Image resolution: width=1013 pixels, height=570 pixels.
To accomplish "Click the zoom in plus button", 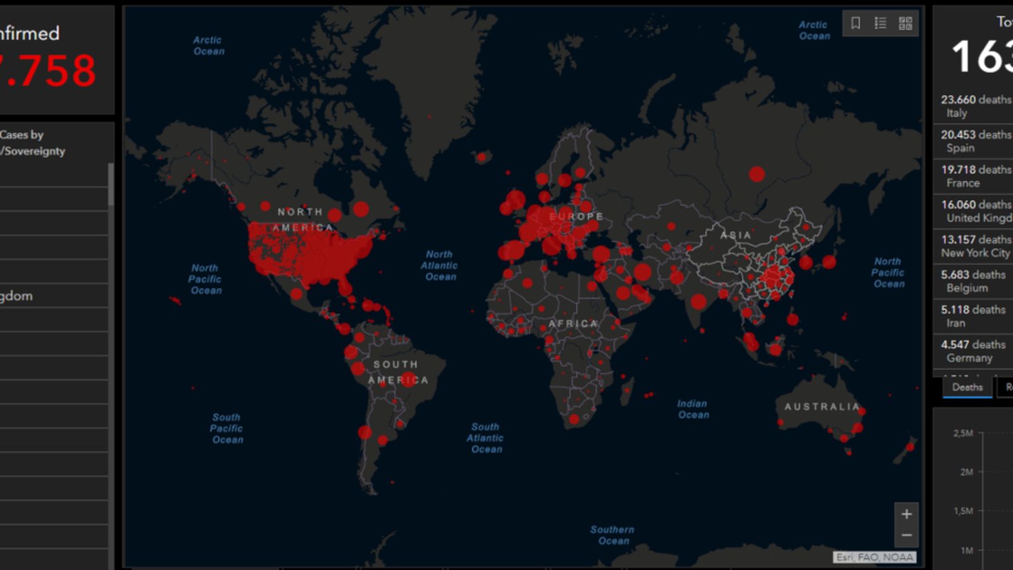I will coord(907,514).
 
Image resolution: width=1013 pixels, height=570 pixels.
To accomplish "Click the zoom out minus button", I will coord(907,535).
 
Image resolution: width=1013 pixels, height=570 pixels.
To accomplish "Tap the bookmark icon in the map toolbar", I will coord(855,23).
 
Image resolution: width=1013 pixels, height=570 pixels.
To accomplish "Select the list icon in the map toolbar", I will coord(880,23).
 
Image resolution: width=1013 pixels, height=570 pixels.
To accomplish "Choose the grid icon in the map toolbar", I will coord(905,23).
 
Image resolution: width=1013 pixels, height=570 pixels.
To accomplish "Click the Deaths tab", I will coord(967,387).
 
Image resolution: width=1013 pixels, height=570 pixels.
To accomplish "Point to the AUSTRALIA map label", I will coord(822,407).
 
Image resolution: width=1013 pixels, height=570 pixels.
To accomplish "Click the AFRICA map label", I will coord(573,324).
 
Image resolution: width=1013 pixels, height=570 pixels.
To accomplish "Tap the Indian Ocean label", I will coord(693,409).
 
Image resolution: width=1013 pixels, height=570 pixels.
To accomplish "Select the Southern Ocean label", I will coord(612,535).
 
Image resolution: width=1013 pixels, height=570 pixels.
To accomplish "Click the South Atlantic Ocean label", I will coord(486,438).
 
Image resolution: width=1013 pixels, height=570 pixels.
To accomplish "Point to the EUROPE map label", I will coord(576,217).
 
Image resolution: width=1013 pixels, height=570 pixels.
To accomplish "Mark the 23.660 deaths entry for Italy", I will coord(975,106).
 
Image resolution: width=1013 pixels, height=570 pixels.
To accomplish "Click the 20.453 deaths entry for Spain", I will coord(975,141).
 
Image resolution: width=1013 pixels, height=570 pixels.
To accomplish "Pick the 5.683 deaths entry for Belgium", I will coord(972,281).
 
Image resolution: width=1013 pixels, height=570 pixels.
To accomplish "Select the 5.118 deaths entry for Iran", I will coord(972,315).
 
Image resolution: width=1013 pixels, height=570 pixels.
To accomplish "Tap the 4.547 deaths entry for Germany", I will coord(972,350).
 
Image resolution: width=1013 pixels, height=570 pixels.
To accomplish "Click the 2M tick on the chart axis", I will coord(966,472).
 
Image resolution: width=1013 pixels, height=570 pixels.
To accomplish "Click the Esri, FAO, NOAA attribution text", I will coord(874,557).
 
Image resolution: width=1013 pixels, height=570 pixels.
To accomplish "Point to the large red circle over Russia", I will coord(757,174).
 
